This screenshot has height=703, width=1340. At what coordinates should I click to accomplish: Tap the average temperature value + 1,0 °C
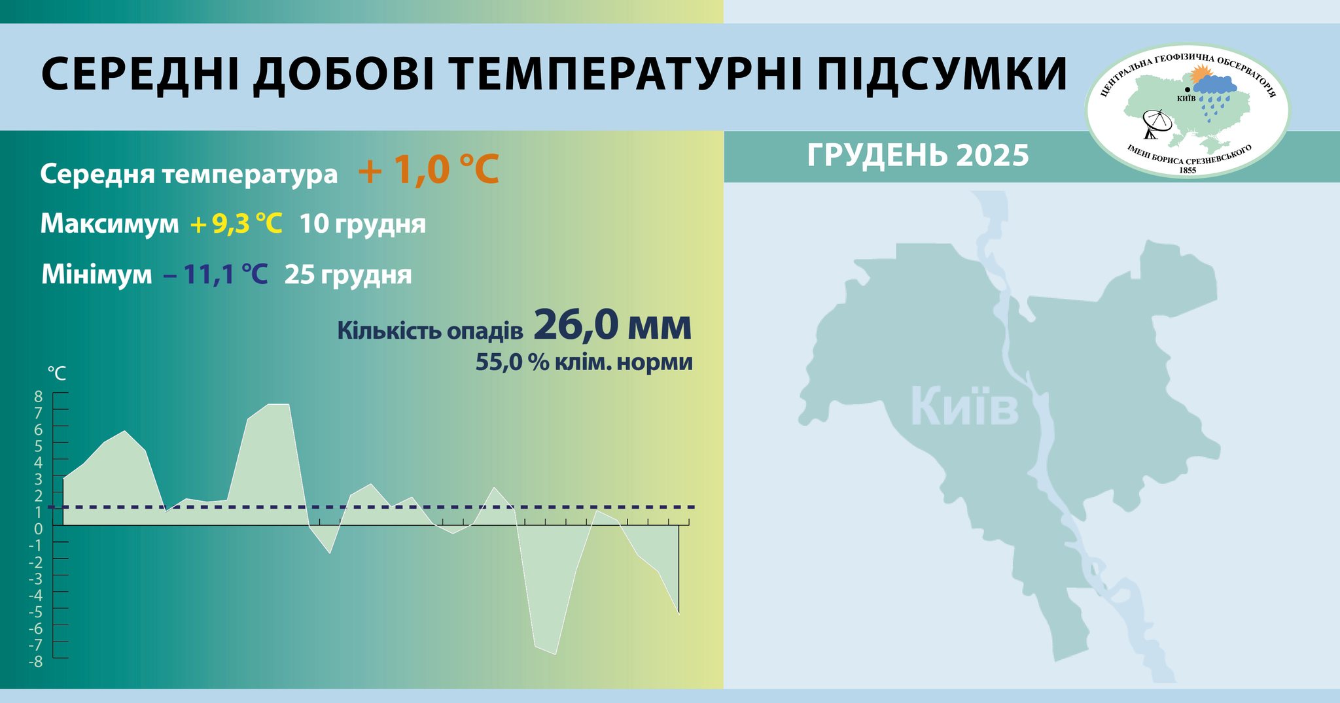pyautogui.click(x=429, y=169)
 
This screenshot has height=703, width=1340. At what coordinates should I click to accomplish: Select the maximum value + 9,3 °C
pyautogui.click(x=236, y=224)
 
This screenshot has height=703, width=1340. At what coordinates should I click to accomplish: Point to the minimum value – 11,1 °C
pyautogui.click(x=216, y=275)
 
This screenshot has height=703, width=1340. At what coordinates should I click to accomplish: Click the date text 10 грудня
pyautogui.click(x=362, y=224)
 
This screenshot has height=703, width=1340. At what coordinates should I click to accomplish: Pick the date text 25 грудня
pyautogui.click(x=348, y=275)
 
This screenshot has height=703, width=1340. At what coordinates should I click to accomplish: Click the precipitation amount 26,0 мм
pyautogui.click(x=612, y=325)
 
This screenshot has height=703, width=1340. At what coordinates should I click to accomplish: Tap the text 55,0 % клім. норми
pyautogui.click(x=584, y=362)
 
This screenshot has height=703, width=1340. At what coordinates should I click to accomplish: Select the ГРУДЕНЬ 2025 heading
pyautogui.click(x=918, y=156)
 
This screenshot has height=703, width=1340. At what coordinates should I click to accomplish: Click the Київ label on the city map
pyautogui.click(x=964, y=407)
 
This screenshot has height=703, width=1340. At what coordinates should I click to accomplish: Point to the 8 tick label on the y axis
pyautogui.click(x=38, y=396)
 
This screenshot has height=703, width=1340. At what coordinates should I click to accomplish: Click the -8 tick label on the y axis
pyautogui.click(x=35, y=662)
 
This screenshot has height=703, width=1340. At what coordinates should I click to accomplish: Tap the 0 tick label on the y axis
pyautogui.click(x=38, y=528)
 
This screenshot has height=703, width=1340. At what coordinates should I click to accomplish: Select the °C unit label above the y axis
pyautogui.click(x=57, y=373)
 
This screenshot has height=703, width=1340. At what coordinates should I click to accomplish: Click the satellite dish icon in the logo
pyautogui.click(x=1156, y=124)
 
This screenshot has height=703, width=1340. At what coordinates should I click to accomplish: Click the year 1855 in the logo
pyautogui.click(x=1188, y=170)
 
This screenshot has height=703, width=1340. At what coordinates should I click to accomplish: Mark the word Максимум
pyautogui.click(x=109, y=224)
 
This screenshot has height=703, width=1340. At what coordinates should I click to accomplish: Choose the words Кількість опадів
pyautogui.click(x=430, y=331)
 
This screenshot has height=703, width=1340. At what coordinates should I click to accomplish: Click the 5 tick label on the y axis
pyautogui.click(x=38, y=445)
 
